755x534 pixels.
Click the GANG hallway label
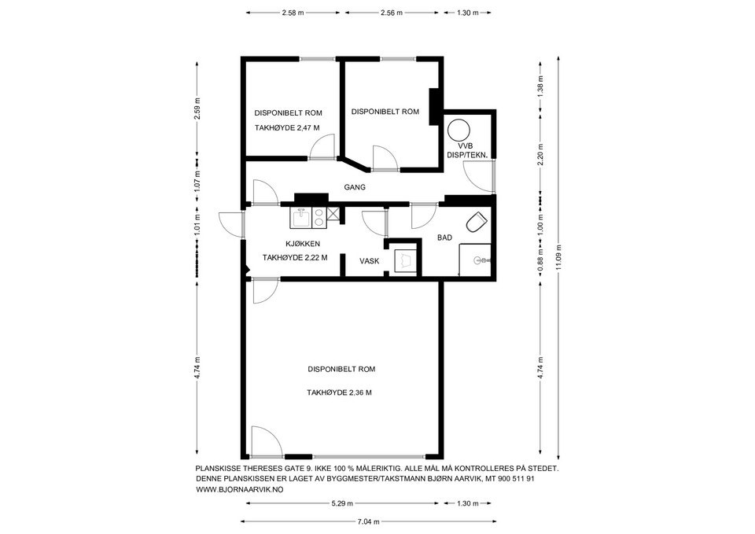pos(357,187)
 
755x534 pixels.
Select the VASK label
pos(370,261)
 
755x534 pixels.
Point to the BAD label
pos(444,238)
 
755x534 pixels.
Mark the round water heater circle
pos(457,129)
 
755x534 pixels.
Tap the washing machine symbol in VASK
pos(404,259)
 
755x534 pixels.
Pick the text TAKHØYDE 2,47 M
pos(287,127)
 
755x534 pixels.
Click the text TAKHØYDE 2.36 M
pos(339,392)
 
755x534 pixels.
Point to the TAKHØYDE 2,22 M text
pos(294,257)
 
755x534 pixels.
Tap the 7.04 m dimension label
pos(368,521)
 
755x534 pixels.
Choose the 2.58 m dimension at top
pos(293,13)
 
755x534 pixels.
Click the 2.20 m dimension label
pos(540,155)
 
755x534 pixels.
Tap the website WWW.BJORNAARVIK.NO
pos(239,489)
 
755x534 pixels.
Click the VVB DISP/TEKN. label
pos(466,149)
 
